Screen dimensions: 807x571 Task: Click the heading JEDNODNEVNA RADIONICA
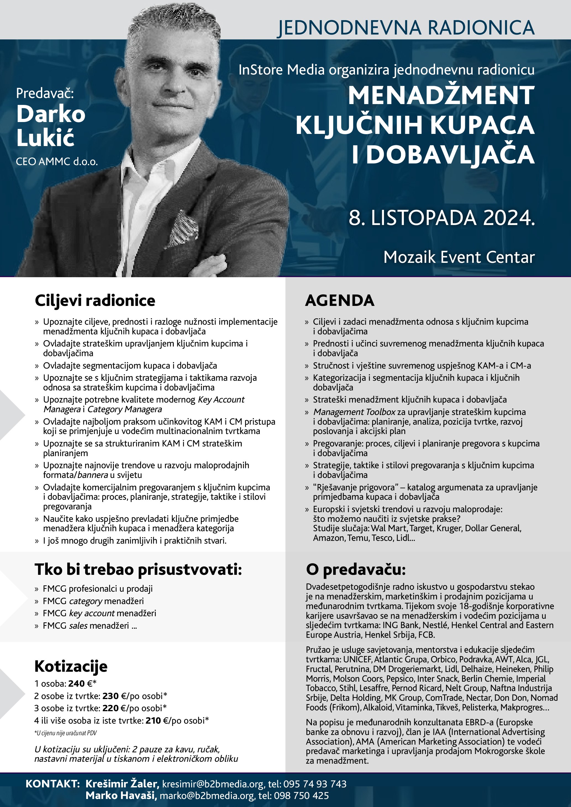pyautogui.click(x=406, y=28)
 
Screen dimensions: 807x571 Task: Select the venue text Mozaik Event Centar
pyautogui.click(x=459, y=257)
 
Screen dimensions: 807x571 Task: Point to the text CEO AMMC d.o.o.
pyautogui.click(x=57, y=162)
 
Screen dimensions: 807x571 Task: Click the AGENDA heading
pyautogui.click(x=340, y=300)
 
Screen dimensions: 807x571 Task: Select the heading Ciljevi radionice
pyautogui.click(x=95, y=300)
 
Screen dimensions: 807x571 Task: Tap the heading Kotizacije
pyautogui.click(x=71, y=666)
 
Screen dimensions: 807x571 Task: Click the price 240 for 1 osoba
pyautogui.click(x=76, y=683)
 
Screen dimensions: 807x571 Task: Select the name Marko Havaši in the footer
pyautogui.click(x=121, y=795)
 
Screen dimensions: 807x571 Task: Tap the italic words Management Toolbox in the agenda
pyautogui.click(x=354, y=412)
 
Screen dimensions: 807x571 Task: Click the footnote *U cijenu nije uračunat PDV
pyautogui.click(x=65, y=733)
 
